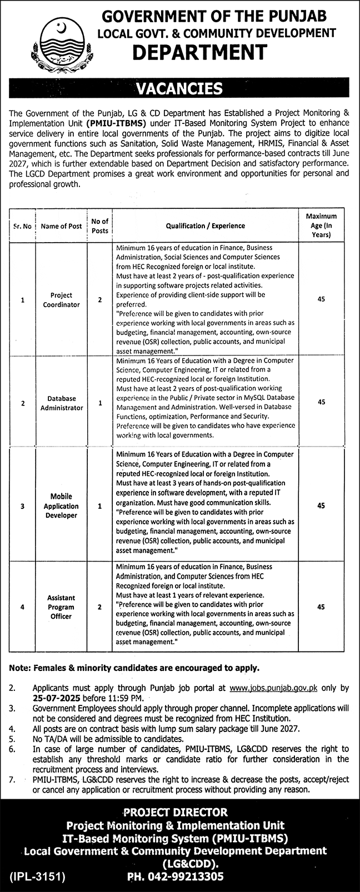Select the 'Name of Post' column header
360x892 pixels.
tap(61, 226)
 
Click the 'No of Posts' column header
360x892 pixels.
tap(100, 226)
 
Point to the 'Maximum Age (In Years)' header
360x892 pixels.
tap(321, 225)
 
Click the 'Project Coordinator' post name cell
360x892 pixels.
tap(61, 300)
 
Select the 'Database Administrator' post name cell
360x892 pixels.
tap(61, 403)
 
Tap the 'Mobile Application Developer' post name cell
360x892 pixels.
tap(61, 506)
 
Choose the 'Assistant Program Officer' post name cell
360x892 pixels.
tap(61, 607)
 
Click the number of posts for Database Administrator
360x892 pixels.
tap(100, 403)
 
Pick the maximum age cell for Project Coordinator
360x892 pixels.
tap(321, 300)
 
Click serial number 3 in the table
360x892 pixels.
tap(23, 506)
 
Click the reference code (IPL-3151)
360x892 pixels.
tap(38, 877)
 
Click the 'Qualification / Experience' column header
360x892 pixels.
tap(205, 226)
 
